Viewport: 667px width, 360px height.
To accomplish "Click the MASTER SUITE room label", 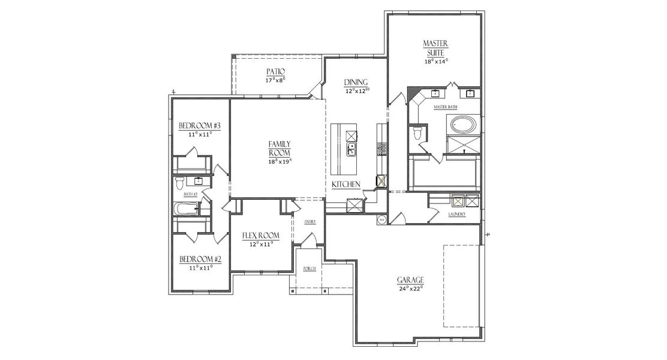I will tap(436, 47).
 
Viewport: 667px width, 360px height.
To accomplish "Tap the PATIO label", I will tap(275, 71).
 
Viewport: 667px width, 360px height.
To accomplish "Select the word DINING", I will tap(356, 82).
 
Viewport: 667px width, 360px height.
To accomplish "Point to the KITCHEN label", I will tap(346, 184).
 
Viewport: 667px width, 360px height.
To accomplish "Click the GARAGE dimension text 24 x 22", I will tap(411, 288).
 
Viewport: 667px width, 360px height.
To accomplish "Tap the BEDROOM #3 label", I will tap(200, 126).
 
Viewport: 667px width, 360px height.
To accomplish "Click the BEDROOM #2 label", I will tap(200, 259).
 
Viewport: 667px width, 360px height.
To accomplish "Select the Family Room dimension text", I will tap(280, 161).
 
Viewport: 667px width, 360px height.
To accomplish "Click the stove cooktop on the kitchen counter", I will tap(381, 148).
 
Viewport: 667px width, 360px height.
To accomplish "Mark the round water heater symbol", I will tap(381, 220).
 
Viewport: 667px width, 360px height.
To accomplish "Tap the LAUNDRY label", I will tap(456, 214).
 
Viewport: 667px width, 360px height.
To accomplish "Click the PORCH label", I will tap(310, 268).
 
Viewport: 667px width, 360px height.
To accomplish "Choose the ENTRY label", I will tap(310, 221).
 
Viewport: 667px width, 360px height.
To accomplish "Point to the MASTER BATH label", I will tap(446, 107).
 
